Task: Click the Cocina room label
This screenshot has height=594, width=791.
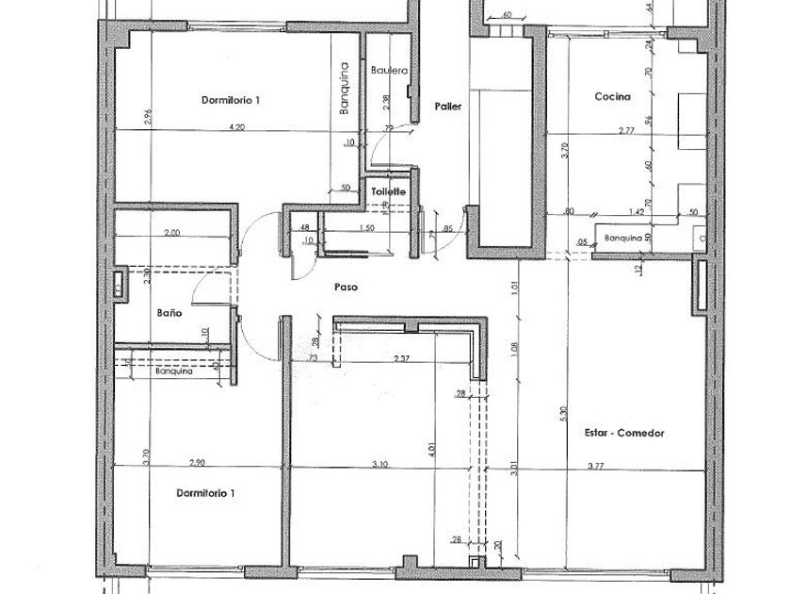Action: (612, 96)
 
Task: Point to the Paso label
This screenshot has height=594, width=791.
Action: (346, 287)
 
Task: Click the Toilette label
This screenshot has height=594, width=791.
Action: (388, 191)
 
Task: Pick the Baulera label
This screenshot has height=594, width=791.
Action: (388, 71)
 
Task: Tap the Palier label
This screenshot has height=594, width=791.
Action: (448, 107)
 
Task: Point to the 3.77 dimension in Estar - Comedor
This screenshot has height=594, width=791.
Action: (596, 465)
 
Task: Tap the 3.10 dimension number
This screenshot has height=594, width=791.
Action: (380, 465)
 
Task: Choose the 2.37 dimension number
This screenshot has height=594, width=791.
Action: (401, 358)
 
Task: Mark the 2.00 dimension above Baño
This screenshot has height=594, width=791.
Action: (171, 232)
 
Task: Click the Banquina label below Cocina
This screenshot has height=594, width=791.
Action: (623, 239)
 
